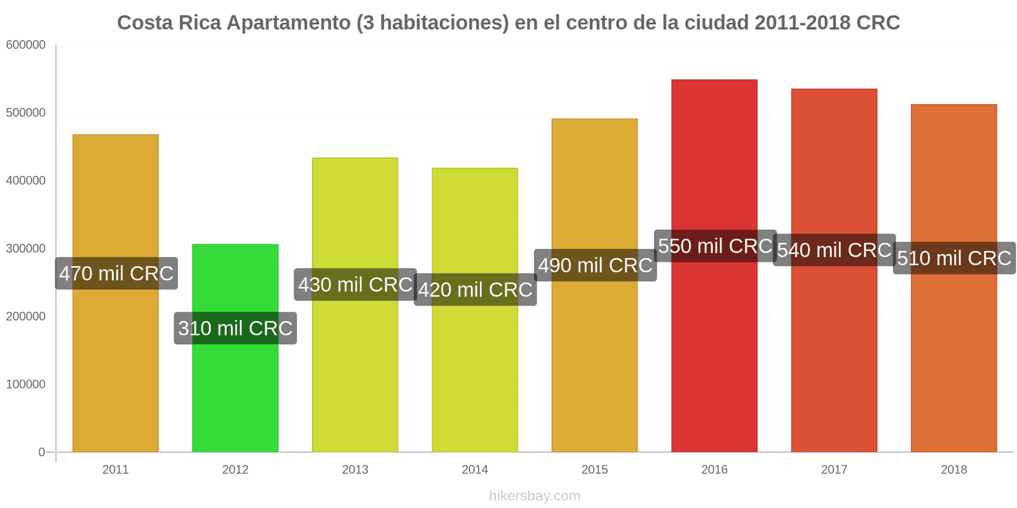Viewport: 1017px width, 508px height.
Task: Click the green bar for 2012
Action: click(235, 348)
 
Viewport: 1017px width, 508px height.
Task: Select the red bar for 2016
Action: click(714, 266)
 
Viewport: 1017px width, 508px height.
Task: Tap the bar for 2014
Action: click(475, 310)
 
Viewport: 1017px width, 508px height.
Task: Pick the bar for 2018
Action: click(954, 278)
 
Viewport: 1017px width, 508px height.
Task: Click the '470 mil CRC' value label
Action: click(116, 274)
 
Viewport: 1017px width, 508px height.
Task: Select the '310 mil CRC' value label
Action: click(235, 328)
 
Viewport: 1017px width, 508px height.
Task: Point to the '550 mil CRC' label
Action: click(715, 246)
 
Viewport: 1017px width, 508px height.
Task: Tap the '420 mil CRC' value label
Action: click(475, 290)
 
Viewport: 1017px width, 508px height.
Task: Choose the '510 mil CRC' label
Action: click(954, 258)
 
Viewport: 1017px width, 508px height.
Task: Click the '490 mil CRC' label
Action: click(595, 265)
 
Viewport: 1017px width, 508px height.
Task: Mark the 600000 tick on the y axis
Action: click(26, 45)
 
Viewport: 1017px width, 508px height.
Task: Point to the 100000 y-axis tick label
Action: click(26, 384)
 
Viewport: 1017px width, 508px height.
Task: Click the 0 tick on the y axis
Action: click(42, 452)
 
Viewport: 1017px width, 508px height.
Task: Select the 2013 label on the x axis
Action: click(355, 469)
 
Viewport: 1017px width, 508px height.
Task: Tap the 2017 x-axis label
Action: click(834, 469)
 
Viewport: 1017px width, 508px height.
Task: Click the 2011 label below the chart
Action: click(115, 469)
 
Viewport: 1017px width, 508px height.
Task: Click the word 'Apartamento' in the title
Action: click(289, 23)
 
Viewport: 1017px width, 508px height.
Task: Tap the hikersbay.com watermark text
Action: click(535, 496)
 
